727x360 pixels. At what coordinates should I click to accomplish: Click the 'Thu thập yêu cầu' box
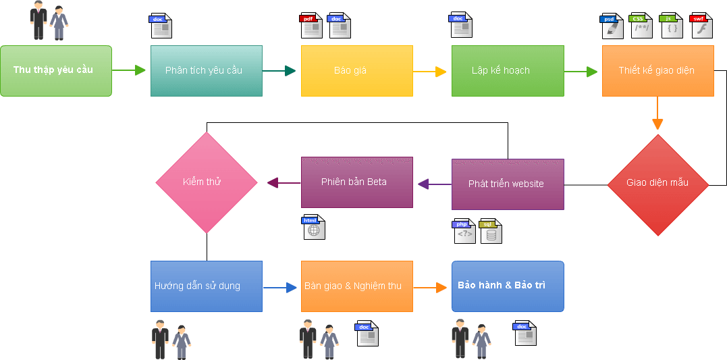pos(56,71)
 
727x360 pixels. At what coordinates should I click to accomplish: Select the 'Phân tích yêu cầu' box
pos(207,71)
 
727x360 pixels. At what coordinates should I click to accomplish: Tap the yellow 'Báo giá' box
pos(356,71)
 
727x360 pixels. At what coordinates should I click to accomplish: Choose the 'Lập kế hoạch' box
pos(508,71)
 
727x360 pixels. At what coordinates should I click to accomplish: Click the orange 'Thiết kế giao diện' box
pos(657,71)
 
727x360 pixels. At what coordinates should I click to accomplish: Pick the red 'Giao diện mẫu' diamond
pos(657,184)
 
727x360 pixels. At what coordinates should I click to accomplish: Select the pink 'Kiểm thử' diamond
pos(207,182)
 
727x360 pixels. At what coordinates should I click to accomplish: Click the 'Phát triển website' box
pos(508,184)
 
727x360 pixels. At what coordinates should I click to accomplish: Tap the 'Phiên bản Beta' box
pos(356,182)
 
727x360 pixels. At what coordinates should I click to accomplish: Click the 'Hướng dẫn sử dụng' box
pos(207,286)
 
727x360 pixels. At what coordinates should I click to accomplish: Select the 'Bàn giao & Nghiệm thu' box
pos(356,286)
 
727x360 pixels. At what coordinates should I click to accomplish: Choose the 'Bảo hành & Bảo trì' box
pos(508,286)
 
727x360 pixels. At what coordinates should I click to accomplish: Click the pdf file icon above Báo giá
pos(311,26)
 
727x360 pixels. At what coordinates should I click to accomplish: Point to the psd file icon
pos(612,26)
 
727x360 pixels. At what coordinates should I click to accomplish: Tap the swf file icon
pos(701,26)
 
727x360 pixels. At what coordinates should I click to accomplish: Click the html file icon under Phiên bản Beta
pos(313,227)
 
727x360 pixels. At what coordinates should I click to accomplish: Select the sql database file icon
pos(490,231)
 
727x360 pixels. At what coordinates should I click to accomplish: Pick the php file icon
pos(464,231)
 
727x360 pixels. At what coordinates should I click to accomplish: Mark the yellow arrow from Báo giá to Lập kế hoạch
pos(431,71)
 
